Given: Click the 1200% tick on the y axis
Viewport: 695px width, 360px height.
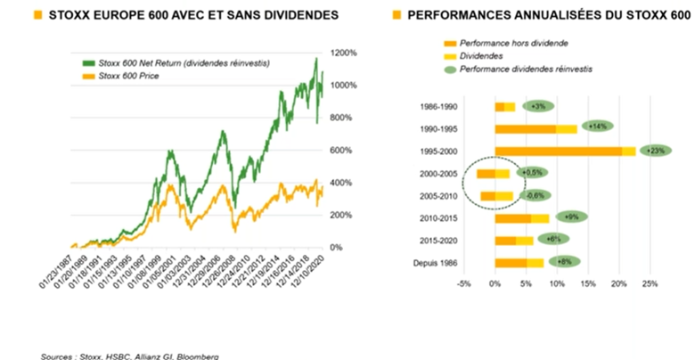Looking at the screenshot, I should (x=346, y=53).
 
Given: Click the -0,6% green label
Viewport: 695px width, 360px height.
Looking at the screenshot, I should (x=535, y=195).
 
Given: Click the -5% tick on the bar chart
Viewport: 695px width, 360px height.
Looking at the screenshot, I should (x=463, y=285).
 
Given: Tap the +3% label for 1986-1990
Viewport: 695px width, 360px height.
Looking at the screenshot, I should (x=538, y=106).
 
